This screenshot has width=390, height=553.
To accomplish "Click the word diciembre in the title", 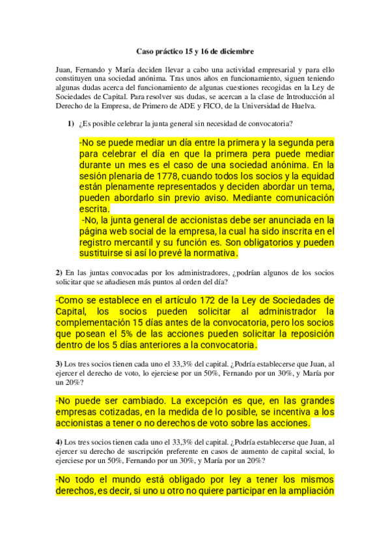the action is pyautogui.click(x=236, y=51).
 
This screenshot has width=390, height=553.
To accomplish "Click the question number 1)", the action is pyautogui.click(x=69, y=124).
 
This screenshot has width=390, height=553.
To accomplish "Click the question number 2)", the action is pyautogui.click(x=59, y=272).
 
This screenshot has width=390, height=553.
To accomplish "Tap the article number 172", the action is pyautogui.click(x=215, y=300).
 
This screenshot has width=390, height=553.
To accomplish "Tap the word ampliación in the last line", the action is pyautogui.click(x=305, y=492).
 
